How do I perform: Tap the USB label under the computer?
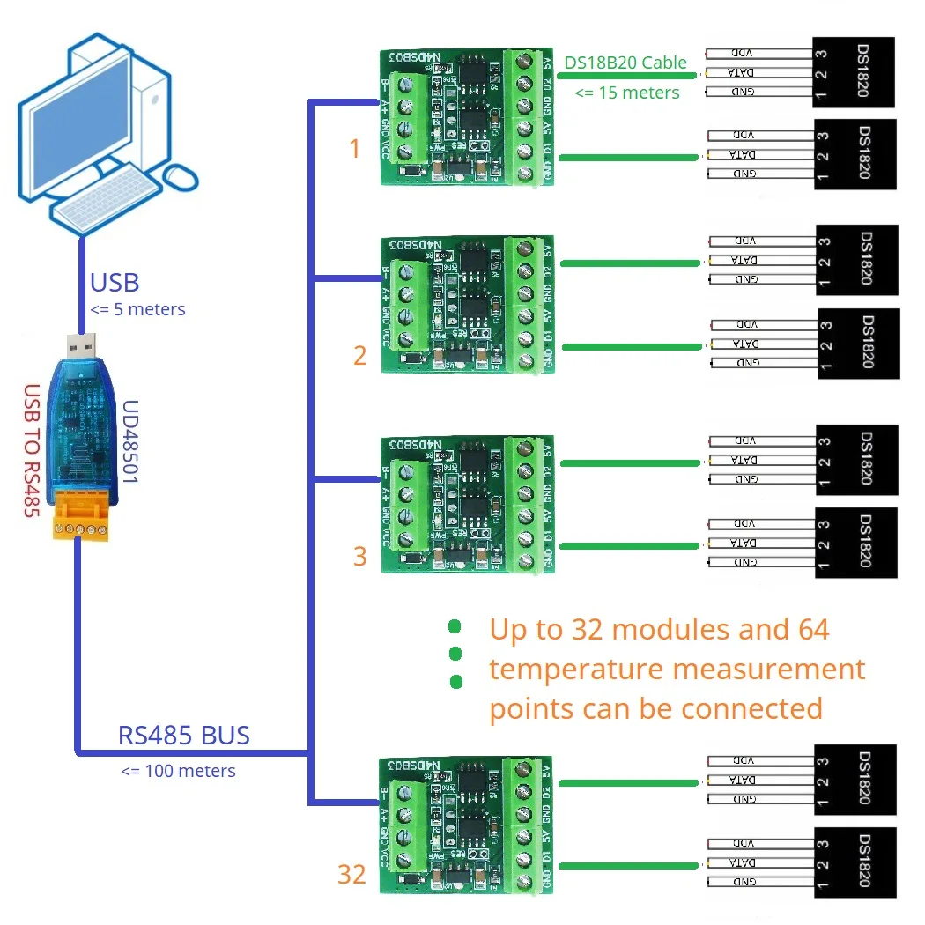[x=115, y=283]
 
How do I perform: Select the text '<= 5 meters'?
[x=137, y=309]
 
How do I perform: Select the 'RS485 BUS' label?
[x=183, y=735]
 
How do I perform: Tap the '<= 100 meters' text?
[x=178, y=771]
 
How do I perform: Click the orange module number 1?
[x=355, y=149]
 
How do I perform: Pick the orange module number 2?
[x=359, y=356]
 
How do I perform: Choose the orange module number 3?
[x=359, y=556]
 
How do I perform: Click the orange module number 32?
[x=351, y=874]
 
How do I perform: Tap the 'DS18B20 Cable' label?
[x=625, y=62]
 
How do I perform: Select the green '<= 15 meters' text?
[x=627, y=92]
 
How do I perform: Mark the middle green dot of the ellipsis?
[x=455, y=654]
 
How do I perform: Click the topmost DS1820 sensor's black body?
[x=853, y=72]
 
